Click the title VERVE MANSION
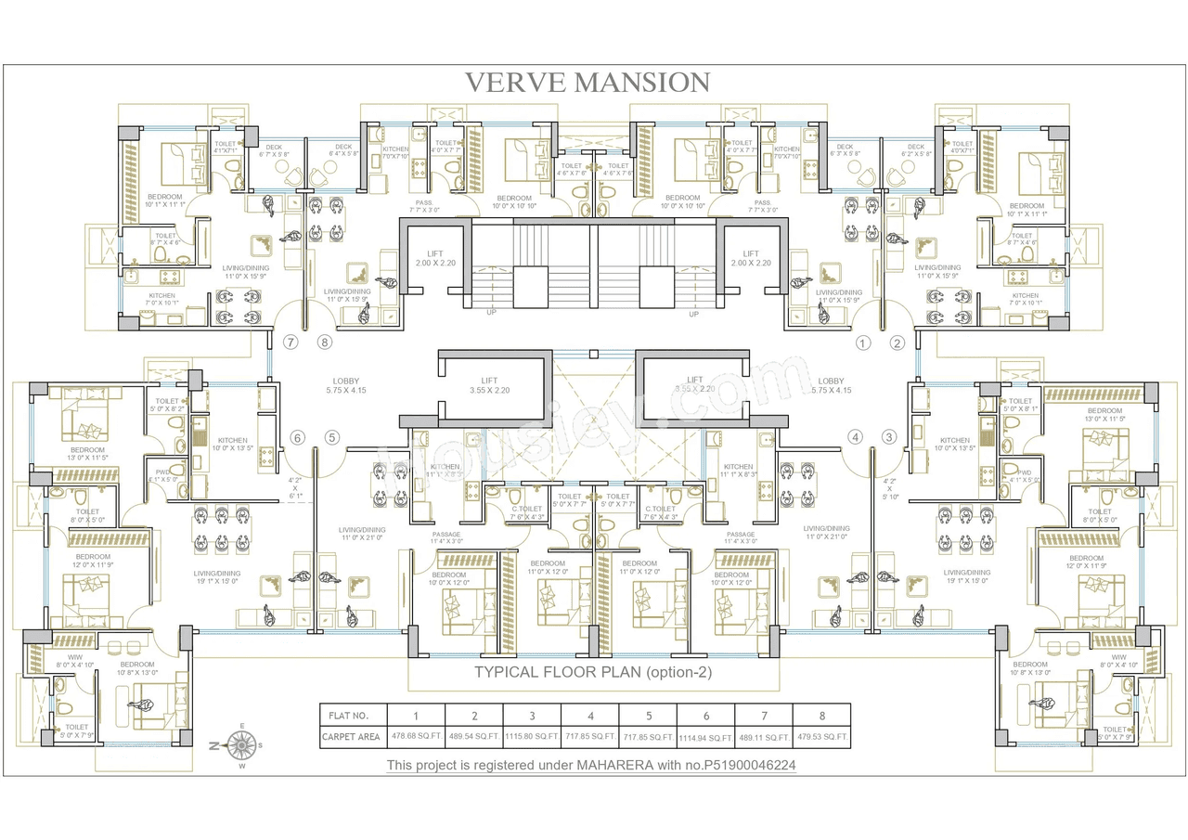coord(588,83)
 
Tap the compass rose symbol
coord(242,744)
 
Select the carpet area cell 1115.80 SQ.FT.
coord(532,738)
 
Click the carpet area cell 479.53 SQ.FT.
coord(821,738)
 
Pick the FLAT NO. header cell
coord(350,716)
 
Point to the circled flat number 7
coord(291,342)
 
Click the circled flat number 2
coord(897,342)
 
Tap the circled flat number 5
coord(331,437)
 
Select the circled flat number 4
coord(855,437)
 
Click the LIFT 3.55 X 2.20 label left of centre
coord(489,384)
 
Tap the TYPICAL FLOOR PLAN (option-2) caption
coord(593,673)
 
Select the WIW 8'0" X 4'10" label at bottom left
coord(73,661)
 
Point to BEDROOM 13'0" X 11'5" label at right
coord(1104,415)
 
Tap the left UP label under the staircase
coord(491,313)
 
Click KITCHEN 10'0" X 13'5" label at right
coord(955,445)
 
